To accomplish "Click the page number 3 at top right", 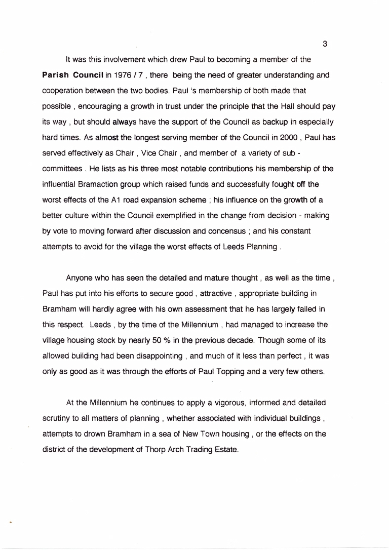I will point(325,44).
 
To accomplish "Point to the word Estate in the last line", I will point(225,450).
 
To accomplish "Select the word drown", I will point(90,434).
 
